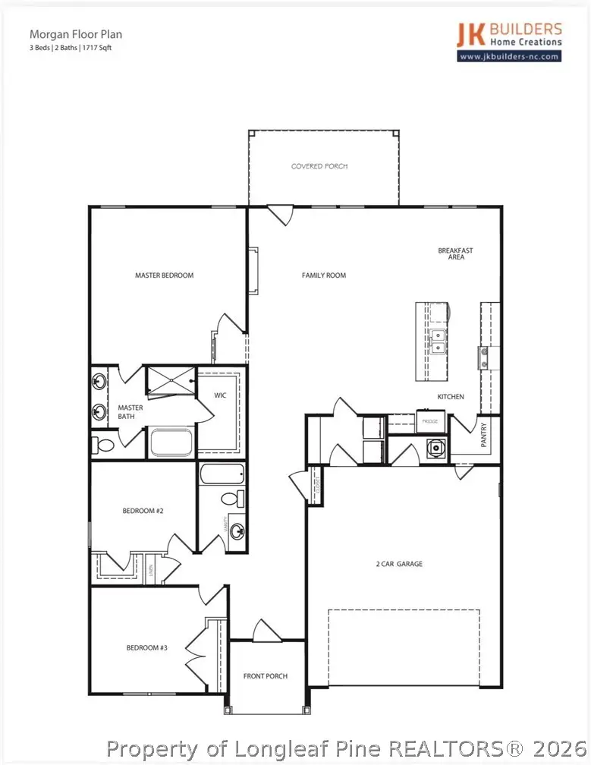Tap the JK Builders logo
click(x=509, y=36)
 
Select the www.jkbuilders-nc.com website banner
click(x=509, y=56)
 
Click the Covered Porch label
click(x=319, y=165)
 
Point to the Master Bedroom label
click(x=164, y=275)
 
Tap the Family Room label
click(x=324, y=275)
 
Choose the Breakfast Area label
click(x=455, y=253)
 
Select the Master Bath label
click(x=130, y=412)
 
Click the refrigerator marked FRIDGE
click(x=429, y=420)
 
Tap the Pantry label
click(x=484, y=436)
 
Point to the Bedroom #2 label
click(x=143, y=511)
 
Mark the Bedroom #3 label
click(x=146, y=647)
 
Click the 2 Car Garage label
click(x=399, y=564)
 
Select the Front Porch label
click(x=266, y=675)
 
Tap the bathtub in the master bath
click(x=171, y=442)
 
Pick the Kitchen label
click(x=451, y=397)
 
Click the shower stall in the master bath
click(x=170, y=380)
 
